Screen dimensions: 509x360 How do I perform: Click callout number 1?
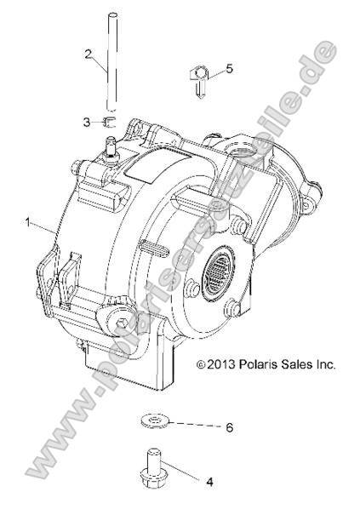29,223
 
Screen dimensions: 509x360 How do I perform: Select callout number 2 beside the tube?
88,54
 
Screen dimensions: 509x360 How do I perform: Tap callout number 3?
86,123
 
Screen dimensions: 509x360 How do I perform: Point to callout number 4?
209,481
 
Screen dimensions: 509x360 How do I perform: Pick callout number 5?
227,69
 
